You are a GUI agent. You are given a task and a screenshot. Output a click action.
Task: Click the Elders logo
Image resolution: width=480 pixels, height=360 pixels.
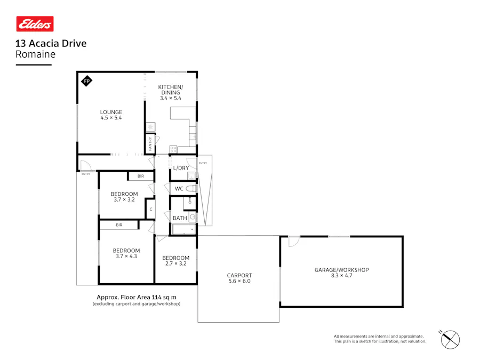click(x=35, y=24)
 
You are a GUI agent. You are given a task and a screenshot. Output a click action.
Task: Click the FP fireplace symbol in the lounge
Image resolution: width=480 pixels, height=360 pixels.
click(x=86, y=81)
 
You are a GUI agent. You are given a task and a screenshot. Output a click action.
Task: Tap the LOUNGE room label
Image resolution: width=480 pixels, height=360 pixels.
click(x=111, y=112)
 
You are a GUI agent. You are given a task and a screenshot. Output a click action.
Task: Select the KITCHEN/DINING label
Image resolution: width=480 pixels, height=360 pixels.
click(x=171, y=90)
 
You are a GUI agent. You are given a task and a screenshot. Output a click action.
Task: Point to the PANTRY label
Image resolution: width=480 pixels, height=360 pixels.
click(x=150, y=143)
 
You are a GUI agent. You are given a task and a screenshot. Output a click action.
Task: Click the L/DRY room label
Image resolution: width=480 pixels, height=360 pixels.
click(x=180, y=168)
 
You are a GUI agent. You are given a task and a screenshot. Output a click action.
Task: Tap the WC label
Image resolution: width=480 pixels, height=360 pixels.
click(x=179, y=188)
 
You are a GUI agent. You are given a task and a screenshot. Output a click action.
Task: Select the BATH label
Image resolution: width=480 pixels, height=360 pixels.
click(x=179, y=218)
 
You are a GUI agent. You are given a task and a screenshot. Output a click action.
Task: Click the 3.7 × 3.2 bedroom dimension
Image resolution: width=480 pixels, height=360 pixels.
click(x=124, y=200)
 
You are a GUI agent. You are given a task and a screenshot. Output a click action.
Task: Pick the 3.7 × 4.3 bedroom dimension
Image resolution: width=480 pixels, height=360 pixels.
click(x=126, y=257)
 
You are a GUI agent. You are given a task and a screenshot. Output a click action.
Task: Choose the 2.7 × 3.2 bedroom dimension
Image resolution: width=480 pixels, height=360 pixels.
click(x=175, y=263)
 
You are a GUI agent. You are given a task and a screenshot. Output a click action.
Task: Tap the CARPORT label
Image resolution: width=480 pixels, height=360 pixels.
click(x=239, y=275)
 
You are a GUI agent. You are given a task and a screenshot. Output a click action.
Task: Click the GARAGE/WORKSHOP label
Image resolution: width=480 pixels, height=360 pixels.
click(x=341, y=270)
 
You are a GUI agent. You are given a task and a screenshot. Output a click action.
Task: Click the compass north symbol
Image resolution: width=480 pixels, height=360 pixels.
click(x=451, y=339)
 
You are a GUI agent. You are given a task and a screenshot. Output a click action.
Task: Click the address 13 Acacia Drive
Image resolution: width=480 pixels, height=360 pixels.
click(x=51, y=44)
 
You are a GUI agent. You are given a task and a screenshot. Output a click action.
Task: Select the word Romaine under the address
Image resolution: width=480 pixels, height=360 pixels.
click(x=35, y=54)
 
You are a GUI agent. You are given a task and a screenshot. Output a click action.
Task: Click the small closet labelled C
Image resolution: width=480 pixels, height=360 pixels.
click(x=151, y=209)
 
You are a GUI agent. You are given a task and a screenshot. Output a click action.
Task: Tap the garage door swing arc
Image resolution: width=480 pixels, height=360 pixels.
click(x=292, y=242)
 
